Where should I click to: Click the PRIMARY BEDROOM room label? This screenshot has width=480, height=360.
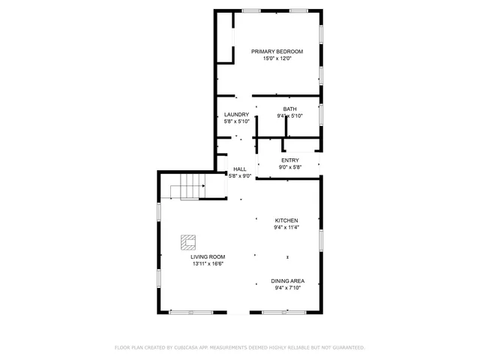pos(277,51)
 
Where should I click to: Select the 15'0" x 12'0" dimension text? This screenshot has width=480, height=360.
pos(277,58)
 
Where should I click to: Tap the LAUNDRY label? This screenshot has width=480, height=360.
pos(236,114)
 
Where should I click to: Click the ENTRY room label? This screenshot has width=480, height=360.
pos(289,160)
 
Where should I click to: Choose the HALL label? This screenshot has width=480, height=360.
pos(240,169)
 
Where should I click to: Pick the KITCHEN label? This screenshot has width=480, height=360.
pos(286,220)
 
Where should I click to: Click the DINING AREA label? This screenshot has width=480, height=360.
pos(287,280)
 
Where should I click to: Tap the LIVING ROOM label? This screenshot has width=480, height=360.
pos(207,256)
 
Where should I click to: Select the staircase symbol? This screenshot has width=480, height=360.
pos(187,186)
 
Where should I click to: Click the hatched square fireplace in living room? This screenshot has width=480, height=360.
pos(187,242)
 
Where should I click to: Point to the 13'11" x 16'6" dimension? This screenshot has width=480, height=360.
pos(207,264)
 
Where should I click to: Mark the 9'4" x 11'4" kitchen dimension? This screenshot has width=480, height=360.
pos(286,227)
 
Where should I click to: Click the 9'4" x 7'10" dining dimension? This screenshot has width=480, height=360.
pos(287,288)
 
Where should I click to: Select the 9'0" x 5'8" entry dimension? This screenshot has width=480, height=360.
pos(289,167)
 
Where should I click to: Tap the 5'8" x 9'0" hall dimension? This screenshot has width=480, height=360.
pos(240,176)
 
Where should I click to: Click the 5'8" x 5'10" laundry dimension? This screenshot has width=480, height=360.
pos(236,121)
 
